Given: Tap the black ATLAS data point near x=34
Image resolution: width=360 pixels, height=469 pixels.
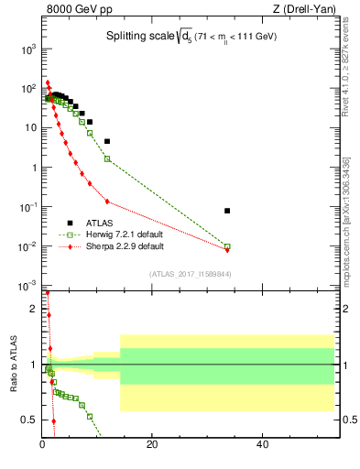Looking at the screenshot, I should click(227, 211).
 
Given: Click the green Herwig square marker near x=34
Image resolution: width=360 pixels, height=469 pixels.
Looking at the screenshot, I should click(227, 246).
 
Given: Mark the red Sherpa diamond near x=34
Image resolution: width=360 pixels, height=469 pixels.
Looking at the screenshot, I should click(227, 250).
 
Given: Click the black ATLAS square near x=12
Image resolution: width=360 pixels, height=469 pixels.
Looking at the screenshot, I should click(107, 141).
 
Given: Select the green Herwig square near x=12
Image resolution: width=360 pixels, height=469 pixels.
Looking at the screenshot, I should click(107, 158).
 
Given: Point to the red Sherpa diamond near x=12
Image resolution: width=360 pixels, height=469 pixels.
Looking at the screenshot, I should click(107, 202).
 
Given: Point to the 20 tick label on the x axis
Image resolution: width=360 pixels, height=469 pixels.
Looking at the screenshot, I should click(152, 445).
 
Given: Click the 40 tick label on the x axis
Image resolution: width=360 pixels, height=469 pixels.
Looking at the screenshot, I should click(262, 445).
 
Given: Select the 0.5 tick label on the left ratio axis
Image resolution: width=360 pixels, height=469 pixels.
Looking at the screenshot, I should click(30, 420).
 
